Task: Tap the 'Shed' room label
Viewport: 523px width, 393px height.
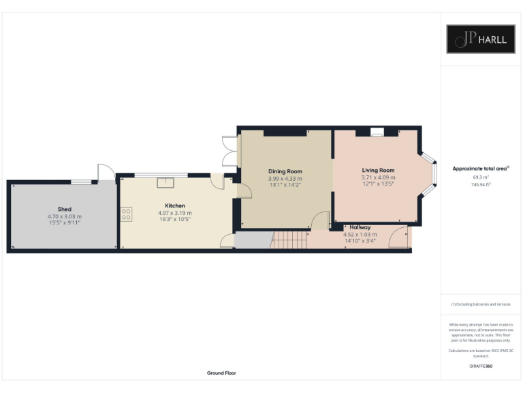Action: [65, 209]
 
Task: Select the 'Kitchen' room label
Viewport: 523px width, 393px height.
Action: [175, 205]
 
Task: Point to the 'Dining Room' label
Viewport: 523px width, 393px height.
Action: [285, 171]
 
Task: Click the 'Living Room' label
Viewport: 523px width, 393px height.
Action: [377, 170]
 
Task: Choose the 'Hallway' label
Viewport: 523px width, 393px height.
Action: [360, 227]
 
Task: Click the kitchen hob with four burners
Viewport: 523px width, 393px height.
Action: [126, 215]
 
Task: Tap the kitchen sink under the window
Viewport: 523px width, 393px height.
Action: [165, 181]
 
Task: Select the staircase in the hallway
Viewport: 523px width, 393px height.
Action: [289, 239]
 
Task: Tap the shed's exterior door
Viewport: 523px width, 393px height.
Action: [105, 173]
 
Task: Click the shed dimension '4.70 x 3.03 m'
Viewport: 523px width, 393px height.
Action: [65, 217]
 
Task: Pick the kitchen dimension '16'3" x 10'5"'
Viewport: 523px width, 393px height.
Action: [175, 220]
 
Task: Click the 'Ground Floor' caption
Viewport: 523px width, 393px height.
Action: [221, 373]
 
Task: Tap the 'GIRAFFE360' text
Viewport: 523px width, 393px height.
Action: [481, 366]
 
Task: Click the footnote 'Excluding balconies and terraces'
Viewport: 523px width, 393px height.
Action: [481, 304]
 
